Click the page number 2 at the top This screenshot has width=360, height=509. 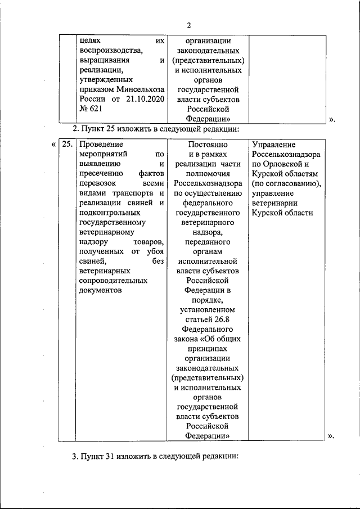click(x=190, y=25)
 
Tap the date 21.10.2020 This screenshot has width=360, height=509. click(x=143, y=99)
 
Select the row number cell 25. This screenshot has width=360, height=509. click(x=67, y=144)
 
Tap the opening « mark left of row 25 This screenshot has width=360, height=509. click(x=53, y=144)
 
